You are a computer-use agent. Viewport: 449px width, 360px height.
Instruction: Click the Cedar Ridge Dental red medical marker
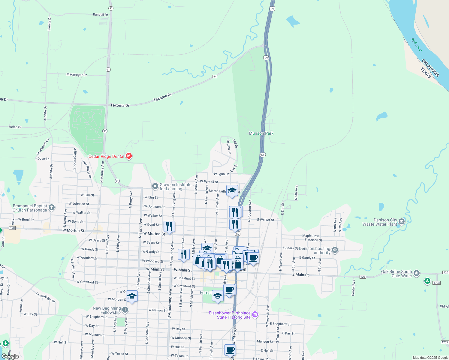129,156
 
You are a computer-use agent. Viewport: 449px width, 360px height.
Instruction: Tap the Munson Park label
261,133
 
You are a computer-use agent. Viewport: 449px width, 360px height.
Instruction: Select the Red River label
417,45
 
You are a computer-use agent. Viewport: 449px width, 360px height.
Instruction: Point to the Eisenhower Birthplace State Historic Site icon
255,315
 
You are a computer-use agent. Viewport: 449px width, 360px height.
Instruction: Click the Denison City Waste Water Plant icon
402,222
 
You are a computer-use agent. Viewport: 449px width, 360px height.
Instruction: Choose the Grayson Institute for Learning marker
155,186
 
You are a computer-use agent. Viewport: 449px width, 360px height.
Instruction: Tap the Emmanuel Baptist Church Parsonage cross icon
52,208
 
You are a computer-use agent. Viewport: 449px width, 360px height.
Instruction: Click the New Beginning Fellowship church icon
125,310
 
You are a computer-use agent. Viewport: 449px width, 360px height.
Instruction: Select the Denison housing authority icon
335,250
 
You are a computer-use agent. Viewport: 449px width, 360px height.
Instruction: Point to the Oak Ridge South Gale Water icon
416,273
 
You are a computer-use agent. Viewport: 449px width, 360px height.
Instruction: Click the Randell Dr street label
100,15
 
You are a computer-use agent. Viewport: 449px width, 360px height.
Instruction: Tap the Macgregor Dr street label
77,75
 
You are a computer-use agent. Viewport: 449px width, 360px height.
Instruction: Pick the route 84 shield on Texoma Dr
215,76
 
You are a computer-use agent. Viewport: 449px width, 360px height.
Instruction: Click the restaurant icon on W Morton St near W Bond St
170,226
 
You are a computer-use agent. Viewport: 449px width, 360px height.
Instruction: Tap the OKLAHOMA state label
430,68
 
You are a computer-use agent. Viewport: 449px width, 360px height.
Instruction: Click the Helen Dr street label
15,127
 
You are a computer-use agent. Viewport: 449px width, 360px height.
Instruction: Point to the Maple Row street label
310,236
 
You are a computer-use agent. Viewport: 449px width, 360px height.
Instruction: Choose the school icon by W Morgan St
132,296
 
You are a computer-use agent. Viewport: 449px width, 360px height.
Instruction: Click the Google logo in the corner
10,356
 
